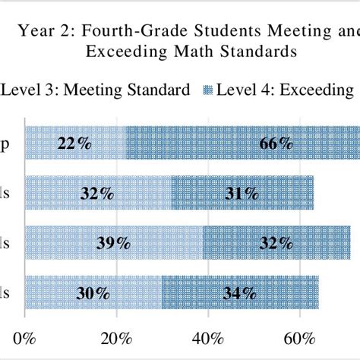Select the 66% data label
(x=275, y=143)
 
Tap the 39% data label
(x=112, y=243)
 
